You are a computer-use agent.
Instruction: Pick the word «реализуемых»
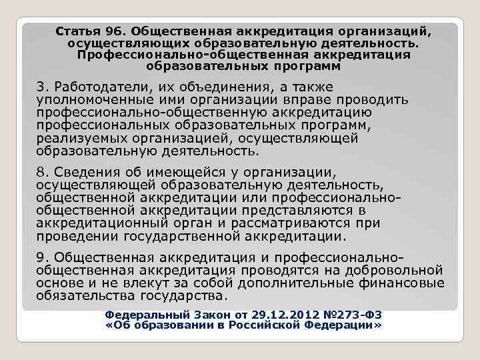[x=78, y=138]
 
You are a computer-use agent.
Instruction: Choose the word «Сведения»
[x=84, y=174]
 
